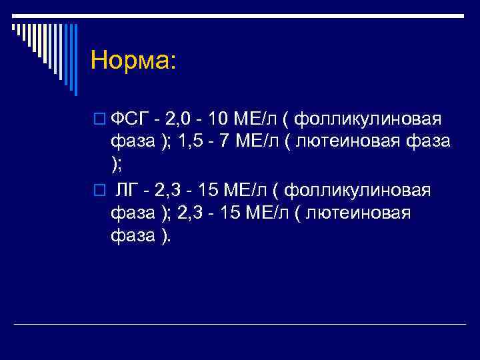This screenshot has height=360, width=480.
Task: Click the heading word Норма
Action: point(133,61)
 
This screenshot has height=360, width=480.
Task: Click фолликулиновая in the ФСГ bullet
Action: point(367,120)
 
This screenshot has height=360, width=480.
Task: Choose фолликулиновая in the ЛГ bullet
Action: point(357,191)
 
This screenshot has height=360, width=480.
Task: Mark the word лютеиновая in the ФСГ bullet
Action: point(349,143)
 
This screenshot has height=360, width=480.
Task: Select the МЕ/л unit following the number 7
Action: point(257,143)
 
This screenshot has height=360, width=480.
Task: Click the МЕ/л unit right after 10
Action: point(255,120)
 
